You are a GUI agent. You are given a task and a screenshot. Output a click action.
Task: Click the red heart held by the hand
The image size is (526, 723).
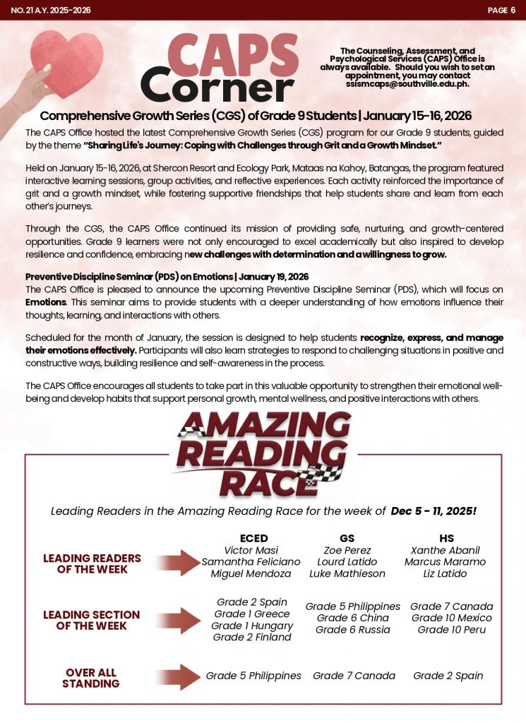tap(67, 64)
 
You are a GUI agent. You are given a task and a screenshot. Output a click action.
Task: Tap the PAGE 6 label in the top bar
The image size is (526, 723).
tap(501, 10)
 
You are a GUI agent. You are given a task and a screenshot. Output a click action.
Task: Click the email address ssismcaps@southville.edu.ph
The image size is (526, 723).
tap(407, 83)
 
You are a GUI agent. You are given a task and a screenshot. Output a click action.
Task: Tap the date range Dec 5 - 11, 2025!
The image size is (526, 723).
tap(434, 510)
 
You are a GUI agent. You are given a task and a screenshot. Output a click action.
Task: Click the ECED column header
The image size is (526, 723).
tap(253, 538)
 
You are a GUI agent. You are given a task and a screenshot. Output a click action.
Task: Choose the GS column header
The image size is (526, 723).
tap(347, 538)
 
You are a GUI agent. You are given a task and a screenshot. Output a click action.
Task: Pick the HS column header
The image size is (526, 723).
tap(446, 538)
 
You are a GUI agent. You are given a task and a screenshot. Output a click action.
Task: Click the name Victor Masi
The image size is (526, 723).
tap(251, 550)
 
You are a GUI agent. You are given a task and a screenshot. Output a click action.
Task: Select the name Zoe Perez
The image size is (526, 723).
tap(347, 550)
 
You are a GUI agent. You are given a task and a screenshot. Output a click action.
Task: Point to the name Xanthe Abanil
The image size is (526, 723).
tap(445, 550)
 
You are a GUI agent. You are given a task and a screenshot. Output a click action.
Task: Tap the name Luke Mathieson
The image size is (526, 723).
tap(347, 573)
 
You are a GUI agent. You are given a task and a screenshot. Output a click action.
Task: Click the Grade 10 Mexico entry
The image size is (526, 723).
tap(452, 618)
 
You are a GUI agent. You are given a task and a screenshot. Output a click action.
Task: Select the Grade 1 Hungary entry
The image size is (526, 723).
tap(251, 626)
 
